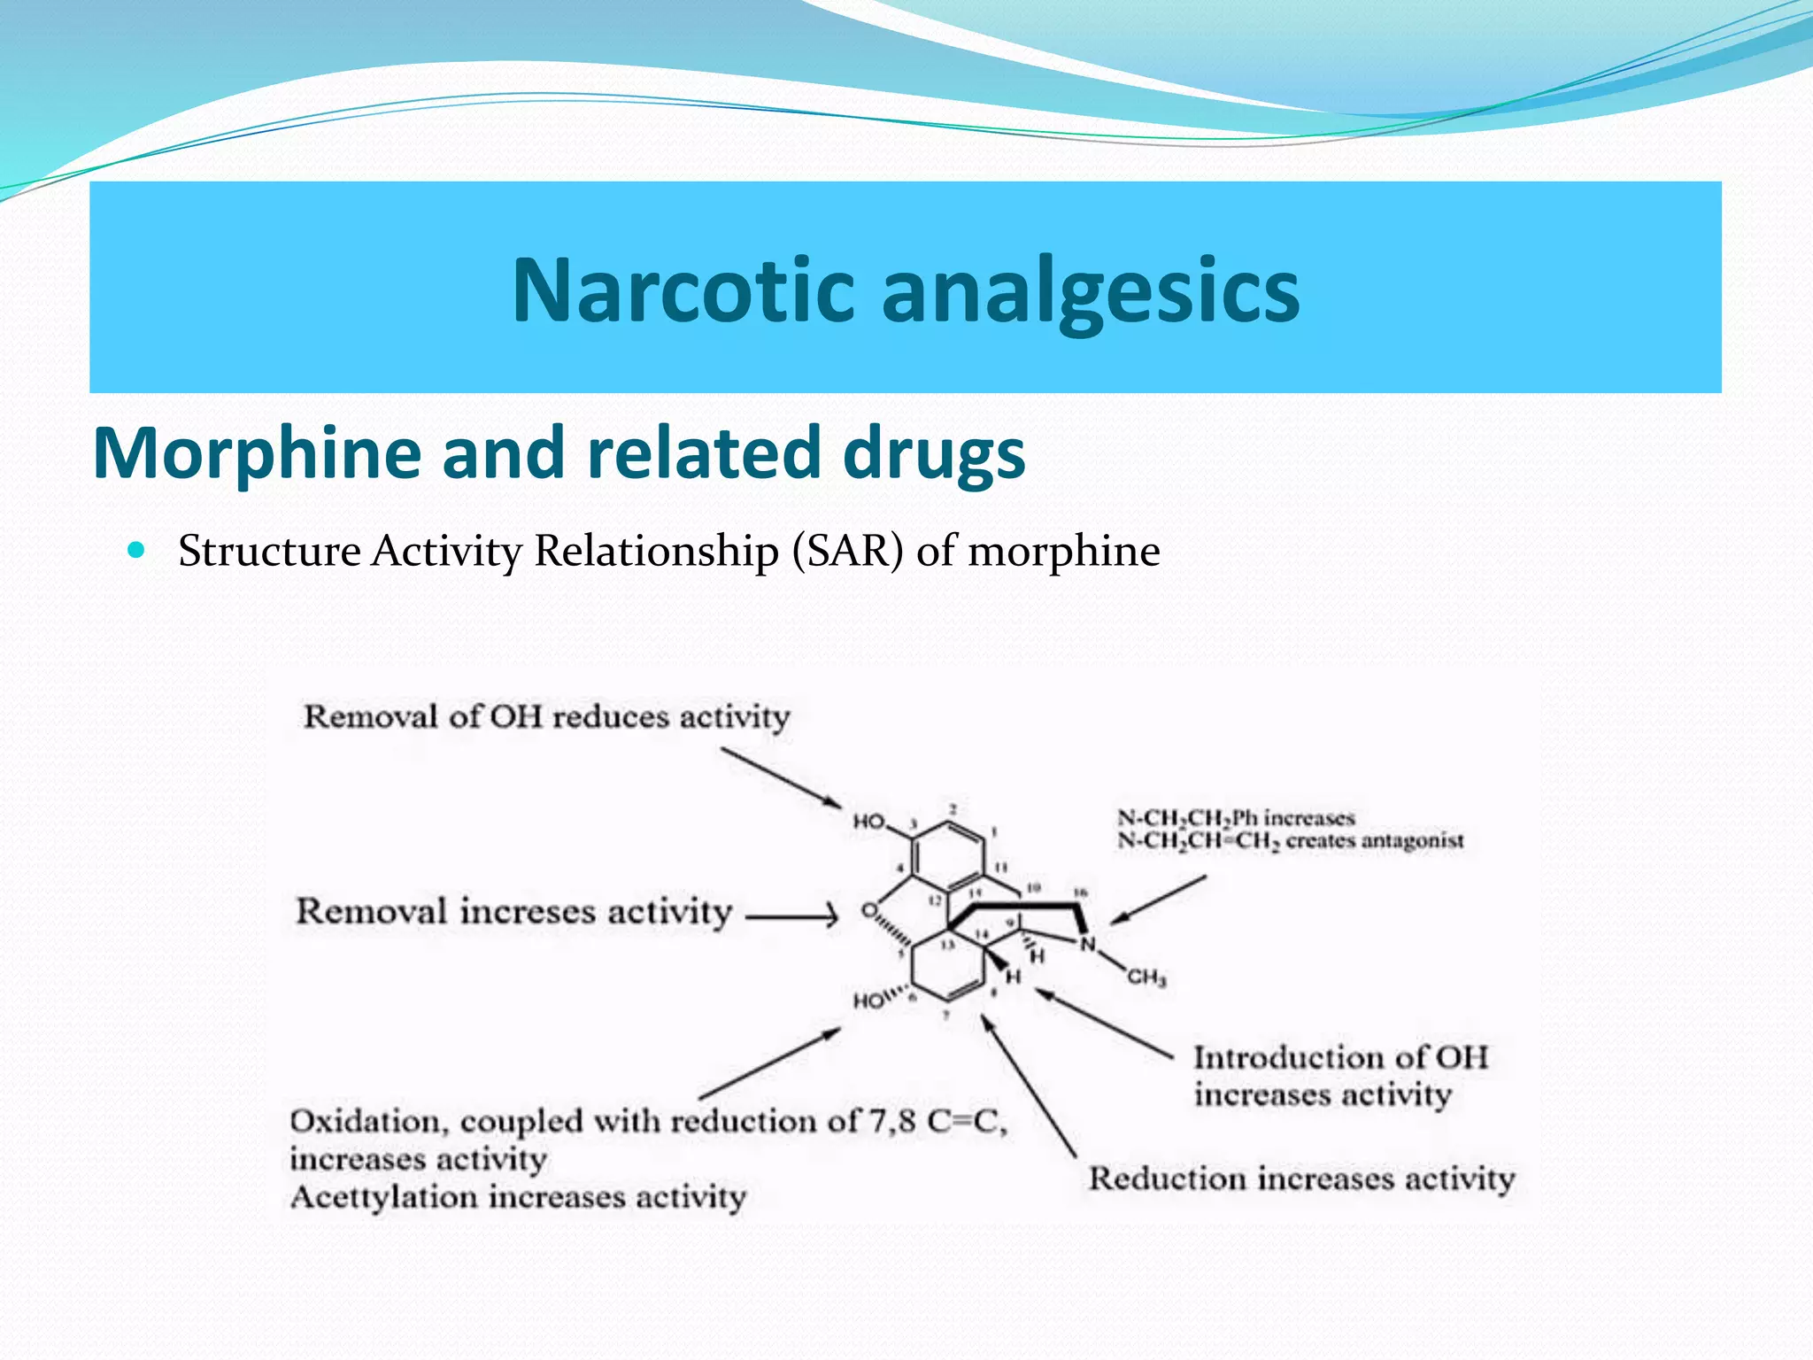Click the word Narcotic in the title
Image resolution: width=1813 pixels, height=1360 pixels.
pyautogui.click(x=683, y=290)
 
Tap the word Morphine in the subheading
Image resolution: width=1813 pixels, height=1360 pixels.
pyautogui.click(x=257, y=452)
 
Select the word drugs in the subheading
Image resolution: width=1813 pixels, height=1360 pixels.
pyautogui.click(x=934, y=454)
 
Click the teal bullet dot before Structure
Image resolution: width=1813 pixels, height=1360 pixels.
pyautogui.click(x=135, y=550)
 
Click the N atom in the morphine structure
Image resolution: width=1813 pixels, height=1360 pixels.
pyautogui.click(x=1088, y=944)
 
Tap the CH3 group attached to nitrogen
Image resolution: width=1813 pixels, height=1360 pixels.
pyautogui.click(x=1146, y=977)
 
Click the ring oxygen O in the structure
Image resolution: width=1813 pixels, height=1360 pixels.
pyautogui.click(x=869, y=910)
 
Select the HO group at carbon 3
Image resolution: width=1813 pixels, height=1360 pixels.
pyautogui.click(x=868, y=822)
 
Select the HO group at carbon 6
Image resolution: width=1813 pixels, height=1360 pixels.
pyautogui.click(x=868, y=1001)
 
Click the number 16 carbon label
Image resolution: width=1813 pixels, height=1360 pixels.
pyautogui.click(x=1080, y=893)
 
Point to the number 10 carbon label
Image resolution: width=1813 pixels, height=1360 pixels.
pyautogui.click(x=1032, y=887)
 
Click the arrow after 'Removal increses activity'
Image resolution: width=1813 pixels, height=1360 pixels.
pyautogui.click(x=791, y=916)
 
